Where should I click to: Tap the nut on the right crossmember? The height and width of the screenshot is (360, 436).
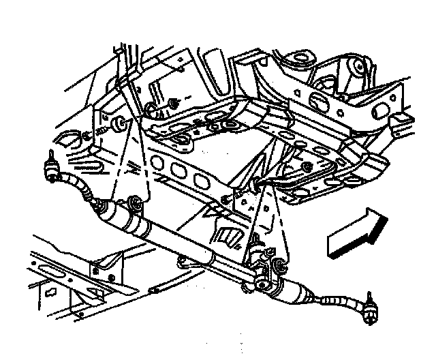(308, 166)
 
